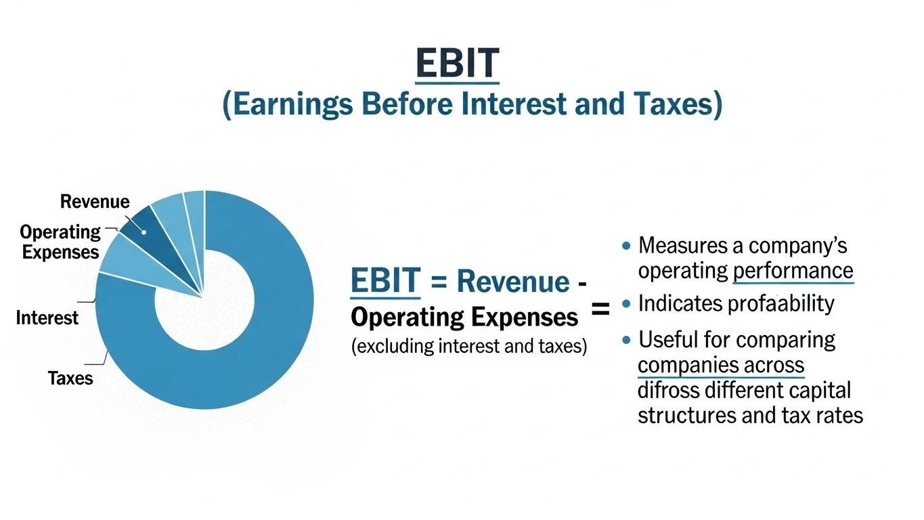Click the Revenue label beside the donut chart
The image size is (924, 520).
(x=95, y=202)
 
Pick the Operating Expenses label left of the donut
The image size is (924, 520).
(x=60, y=242)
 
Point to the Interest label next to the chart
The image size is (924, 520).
(x=47, y=318)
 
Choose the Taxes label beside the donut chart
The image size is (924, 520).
(x=70, y=378)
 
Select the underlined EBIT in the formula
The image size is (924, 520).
(x=385, y=282)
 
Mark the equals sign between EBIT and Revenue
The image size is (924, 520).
(x=439, y=282)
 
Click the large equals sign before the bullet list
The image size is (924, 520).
(x=600, y=310)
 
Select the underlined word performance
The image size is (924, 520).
(x=793, y=271)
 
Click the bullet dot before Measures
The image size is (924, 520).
(x=626, y=245)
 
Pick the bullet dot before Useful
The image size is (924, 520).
(x=626, y=339)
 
